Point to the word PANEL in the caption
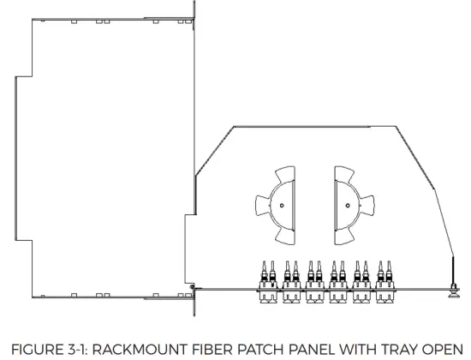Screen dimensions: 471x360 [x=312, y=350]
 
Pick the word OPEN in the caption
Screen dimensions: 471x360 [x=442, y=350]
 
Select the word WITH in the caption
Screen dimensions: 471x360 [x=357, y=350]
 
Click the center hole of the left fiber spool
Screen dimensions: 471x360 [x=282, y=206]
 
